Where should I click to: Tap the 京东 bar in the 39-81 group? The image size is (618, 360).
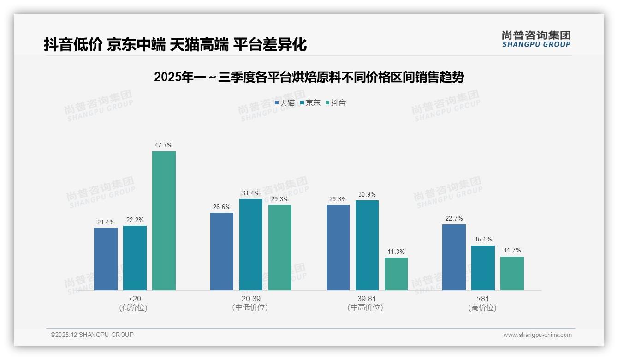tap(367, 245)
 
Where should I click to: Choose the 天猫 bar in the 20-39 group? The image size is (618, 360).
tap(222, 252)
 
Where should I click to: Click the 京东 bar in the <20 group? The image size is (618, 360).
tap(135, 258)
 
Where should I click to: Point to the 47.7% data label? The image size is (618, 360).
tap(164, 145)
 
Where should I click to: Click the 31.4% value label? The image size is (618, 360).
tap(251, 193)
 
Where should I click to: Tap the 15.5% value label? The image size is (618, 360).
tap(483, 239)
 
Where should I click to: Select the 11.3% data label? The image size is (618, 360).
tap(396, 252)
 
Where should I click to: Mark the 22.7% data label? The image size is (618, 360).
tap(454, 218)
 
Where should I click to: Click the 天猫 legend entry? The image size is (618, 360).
tap(285, 103)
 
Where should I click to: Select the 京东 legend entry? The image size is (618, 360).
tap(310, 103)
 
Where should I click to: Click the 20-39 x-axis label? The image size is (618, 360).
tap(250, 299)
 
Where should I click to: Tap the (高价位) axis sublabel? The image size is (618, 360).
tap(482, 307)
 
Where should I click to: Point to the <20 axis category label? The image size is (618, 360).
tap(135, 299)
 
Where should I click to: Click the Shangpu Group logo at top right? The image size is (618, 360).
tap(536, 39)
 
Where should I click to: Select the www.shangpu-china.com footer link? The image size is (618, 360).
tap(537, 335)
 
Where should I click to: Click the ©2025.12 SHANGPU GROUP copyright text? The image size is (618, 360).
tap(92, 335)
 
